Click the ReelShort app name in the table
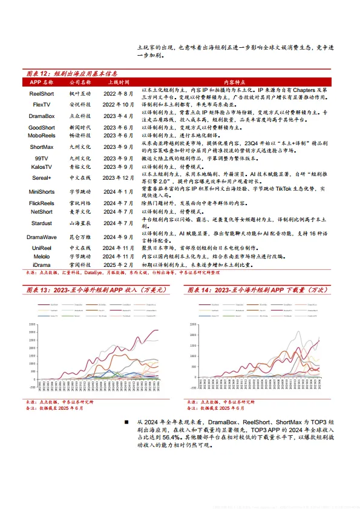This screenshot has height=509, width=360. click(x=41, y=94)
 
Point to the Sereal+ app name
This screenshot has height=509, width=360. click(x=41, y=178)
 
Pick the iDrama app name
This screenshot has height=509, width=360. click(x=41, y=265)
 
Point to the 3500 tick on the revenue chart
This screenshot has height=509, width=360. click(x=32, y=324)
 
